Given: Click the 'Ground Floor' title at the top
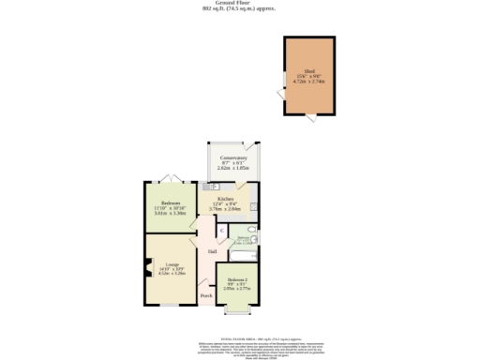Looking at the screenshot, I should (239, 3).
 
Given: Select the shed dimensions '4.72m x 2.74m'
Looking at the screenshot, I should (307, 82).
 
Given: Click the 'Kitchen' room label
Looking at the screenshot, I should (225, 200).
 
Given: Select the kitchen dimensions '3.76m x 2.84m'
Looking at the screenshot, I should (225, 209).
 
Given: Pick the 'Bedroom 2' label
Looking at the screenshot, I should (238, 281).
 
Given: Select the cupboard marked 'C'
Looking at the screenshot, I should (221, 231).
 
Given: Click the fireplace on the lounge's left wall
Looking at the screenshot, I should (147, 273).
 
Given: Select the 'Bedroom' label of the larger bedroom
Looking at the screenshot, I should (170, 203).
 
